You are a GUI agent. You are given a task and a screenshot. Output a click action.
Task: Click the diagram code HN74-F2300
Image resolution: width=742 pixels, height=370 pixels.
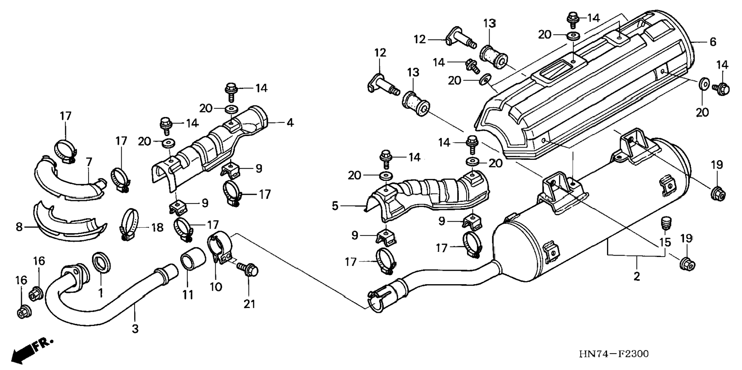pyautogui.click(x=613, y=353)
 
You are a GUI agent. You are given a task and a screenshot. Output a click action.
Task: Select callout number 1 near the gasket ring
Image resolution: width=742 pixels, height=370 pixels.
pyautogui.click(x=101, y=293)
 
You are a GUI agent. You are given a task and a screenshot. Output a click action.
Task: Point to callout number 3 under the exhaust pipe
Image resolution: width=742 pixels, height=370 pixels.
pyautogui.click(x=135, y=329)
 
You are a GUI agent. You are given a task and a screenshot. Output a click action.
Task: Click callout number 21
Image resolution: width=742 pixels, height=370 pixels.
pyautogui.click(x=249, y=304)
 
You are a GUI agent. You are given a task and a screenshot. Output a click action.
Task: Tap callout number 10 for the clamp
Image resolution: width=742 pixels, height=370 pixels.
pyautogui.click(x=216, y=286)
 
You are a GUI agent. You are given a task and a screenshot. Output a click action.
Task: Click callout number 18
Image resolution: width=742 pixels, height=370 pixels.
pyautogui.click(x=157, y=227)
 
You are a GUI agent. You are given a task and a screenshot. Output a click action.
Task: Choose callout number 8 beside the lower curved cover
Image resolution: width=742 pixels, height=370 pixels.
pyautogui.click(x=19, y=227)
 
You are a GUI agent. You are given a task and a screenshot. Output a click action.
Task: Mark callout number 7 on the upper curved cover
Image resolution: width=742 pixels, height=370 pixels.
pyautogui.click(x=89, y=162)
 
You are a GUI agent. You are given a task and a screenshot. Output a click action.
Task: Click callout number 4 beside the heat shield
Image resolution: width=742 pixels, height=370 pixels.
pyautogui.click(x=290, y=123)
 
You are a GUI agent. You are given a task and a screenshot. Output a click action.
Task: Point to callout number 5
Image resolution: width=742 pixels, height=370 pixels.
pyautogui.click(x=335, y=206)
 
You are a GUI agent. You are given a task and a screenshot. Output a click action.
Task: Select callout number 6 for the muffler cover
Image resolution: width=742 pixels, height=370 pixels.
pyautogui.click(x=713, y=41)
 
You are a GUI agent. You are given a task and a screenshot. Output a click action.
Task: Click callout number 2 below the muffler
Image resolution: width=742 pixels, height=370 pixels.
pyautogui.click(x=637, y=276)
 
